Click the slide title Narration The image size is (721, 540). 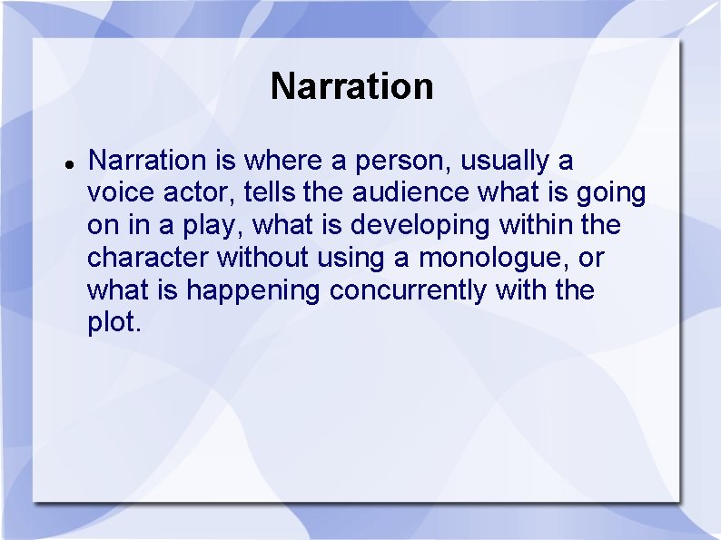[x=351, y=87]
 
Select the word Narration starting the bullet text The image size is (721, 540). [x=147, y=161]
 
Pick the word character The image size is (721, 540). [x=148, y=259]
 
